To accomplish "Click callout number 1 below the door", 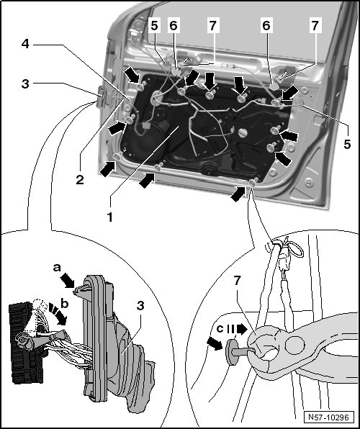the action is tap(109, 217).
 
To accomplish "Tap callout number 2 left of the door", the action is tap(80, 180).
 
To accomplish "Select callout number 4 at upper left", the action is tap(25, 44).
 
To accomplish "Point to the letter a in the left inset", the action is tap(57, 268).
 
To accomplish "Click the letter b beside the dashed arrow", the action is tap(65, 304).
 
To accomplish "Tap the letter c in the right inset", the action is tap(220, 329).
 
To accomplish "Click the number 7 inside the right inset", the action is tap(238, 281).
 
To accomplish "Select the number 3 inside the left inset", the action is tap(140, 306).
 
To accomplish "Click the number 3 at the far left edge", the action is tap(25, 84).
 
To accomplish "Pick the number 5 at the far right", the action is tap(347, 144).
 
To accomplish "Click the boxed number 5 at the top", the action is tap(154, 26).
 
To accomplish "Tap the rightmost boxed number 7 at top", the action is tap(315, 25).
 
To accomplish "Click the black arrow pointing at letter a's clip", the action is tap(68, 281).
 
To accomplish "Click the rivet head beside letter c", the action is tap(231, 353).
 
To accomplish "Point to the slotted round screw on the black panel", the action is tap(243, 133).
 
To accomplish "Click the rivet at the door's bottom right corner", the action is tap(253, 183).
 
